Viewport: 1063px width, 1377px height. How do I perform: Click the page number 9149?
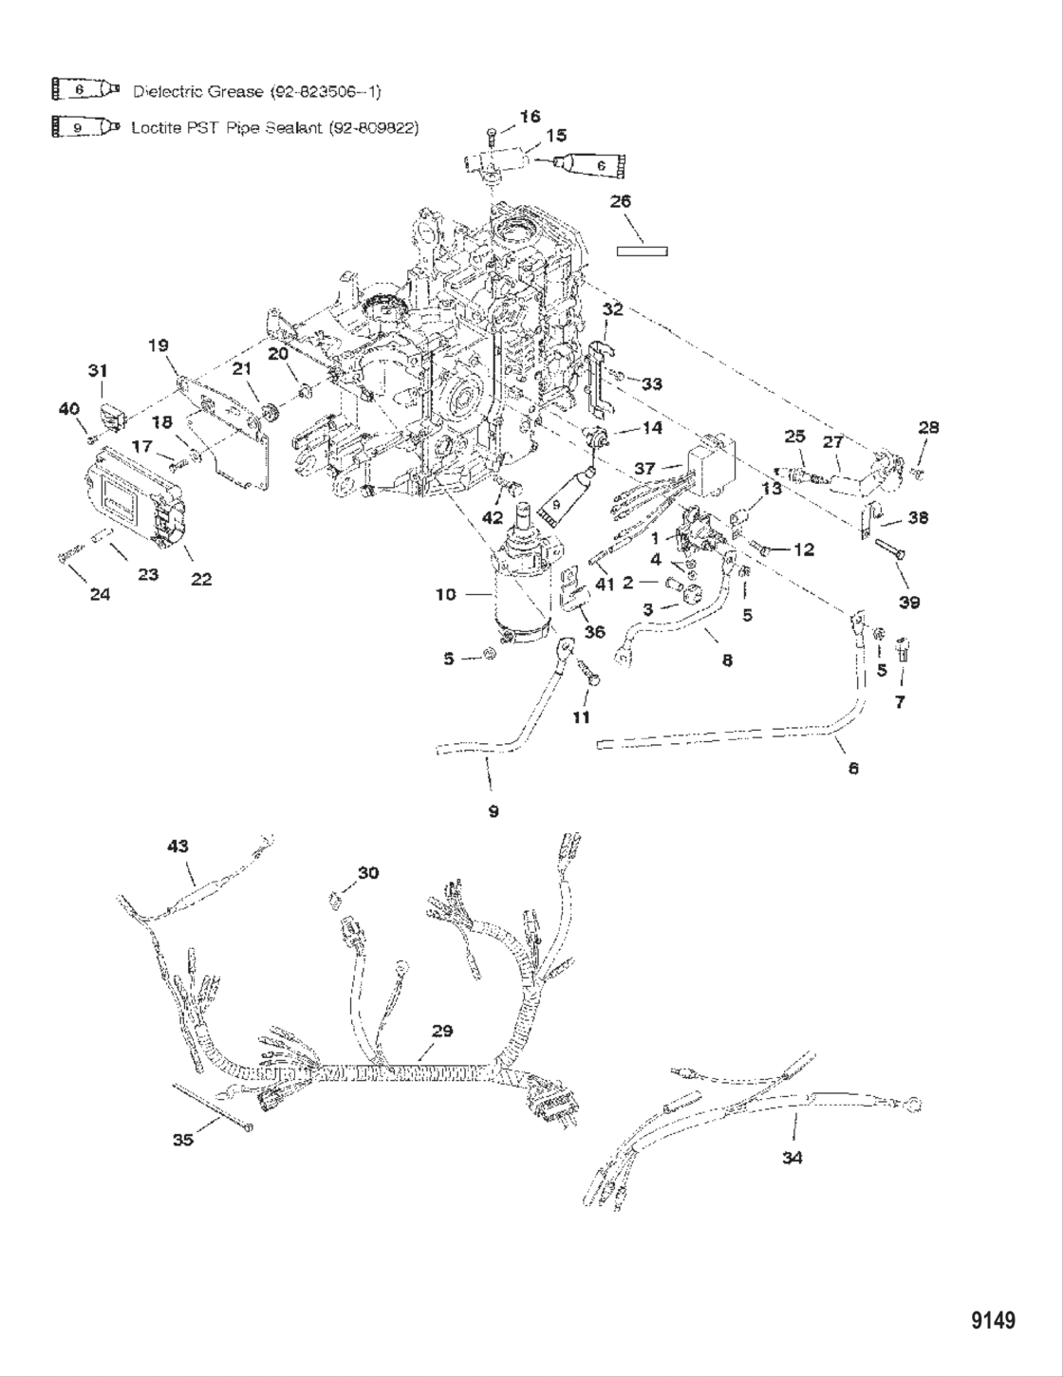(993, 1320)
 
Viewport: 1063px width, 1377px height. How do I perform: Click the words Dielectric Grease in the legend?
(197, 92)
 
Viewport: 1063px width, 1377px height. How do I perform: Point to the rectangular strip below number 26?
(643, 251)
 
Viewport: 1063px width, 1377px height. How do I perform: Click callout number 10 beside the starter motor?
(445, 594)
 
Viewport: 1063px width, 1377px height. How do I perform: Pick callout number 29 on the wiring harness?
(442, 1031)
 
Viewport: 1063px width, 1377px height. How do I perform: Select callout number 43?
(177, 846)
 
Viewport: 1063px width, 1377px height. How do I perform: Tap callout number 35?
(182, 1139)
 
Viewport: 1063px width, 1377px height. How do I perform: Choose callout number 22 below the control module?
(200, 579)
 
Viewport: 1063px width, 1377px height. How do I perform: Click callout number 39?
(908, 602)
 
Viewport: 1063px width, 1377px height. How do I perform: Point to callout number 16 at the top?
(530, 116)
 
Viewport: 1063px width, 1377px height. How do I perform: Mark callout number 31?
(98, 370)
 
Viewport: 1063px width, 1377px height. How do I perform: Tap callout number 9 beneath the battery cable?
(493, 810)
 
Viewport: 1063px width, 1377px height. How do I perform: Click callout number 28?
(928, 427)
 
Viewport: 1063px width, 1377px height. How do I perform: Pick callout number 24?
(99, 594)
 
